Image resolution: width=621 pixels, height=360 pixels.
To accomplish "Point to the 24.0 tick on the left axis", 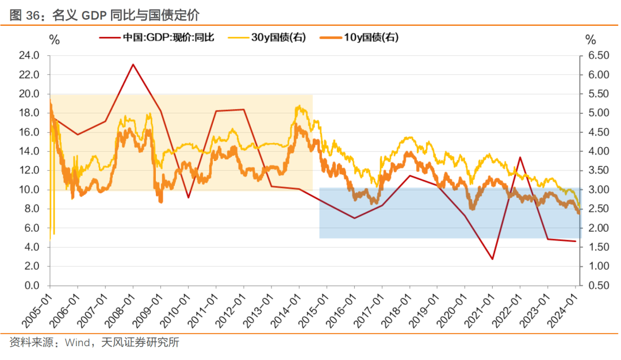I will coord(29,56).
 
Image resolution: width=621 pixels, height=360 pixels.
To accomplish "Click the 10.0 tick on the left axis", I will coord(29,190).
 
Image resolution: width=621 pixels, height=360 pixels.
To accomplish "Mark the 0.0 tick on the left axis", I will coord(31,286).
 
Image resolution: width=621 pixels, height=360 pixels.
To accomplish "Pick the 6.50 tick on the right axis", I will coord(598,56).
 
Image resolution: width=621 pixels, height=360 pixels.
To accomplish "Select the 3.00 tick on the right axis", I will coord(598,190).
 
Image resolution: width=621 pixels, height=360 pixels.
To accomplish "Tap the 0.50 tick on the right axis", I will coord(598,286).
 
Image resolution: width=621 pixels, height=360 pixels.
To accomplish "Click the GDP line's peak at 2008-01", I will coord(133,64).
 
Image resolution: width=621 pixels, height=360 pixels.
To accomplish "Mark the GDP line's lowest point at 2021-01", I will coord(493,259).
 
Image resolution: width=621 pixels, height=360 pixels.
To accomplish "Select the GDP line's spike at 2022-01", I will coord(520,157).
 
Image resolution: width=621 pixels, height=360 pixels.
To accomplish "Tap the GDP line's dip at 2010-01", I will coord(189,198).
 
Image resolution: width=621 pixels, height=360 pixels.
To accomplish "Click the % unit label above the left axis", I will coord(54,40).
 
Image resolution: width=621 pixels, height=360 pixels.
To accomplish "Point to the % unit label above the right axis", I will coord(591,40).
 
